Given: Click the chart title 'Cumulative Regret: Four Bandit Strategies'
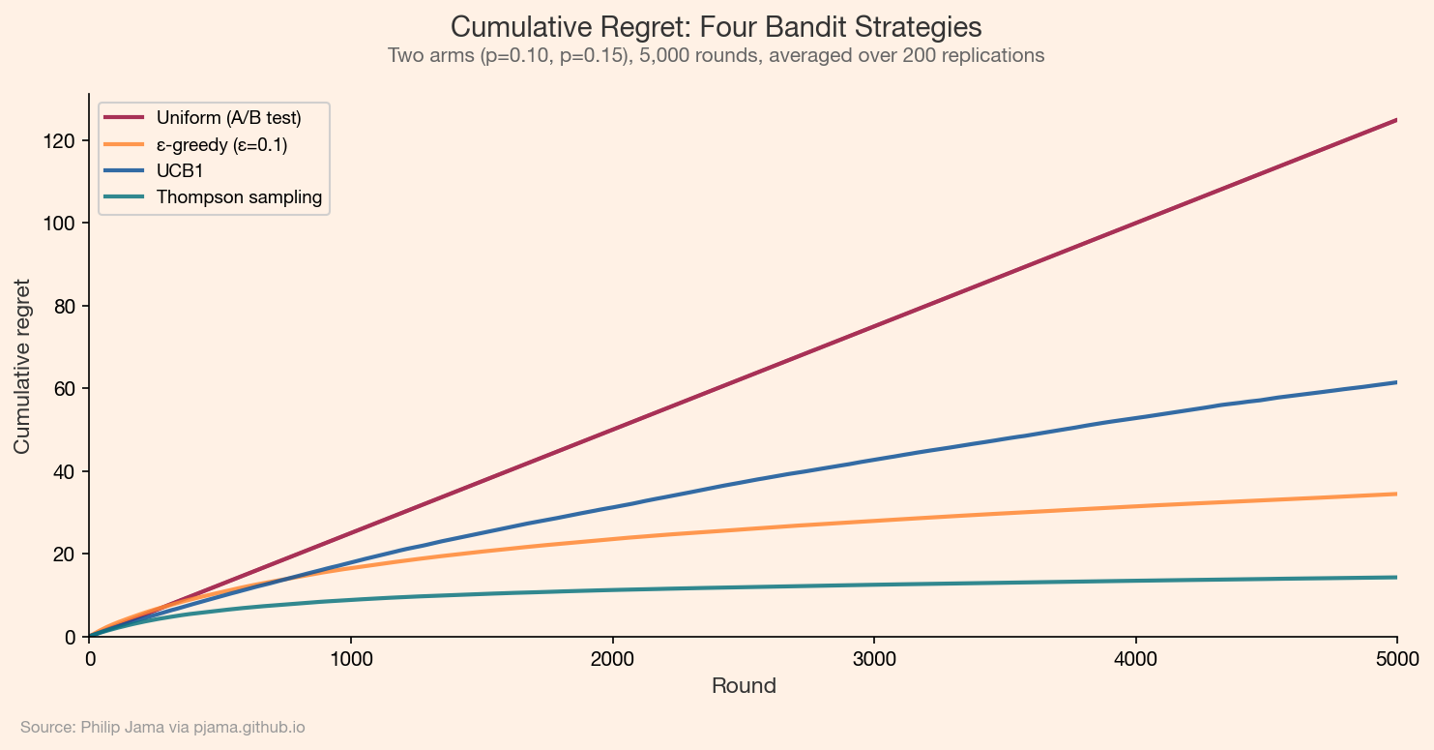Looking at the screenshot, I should point(717,26).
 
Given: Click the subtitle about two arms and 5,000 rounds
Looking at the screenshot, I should point(717,56).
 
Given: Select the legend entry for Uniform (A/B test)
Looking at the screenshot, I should point(229,118).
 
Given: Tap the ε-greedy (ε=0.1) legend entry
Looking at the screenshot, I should point(221,144).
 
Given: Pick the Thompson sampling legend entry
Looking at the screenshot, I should point(239,197).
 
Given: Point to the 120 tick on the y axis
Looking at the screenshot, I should point(65,140).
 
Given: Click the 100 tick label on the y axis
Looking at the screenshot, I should point(65,223).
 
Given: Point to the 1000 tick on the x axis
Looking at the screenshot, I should point(351,659).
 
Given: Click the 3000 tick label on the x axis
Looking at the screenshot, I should point(874,659).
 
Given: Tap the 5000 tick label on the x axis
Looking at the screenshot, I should point(1396,659).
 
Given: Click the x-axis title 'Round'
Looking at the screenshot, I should point(744,686).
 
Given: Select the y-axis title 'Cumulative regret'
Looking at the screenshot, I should point(22,366).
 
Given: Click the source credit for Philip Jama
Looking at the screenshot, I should point(162,727).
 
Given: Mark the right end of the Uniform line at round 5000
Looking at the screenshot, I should point(1395,120).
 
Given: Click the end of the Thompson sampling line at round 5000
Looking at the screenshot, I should point(1395,577).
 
